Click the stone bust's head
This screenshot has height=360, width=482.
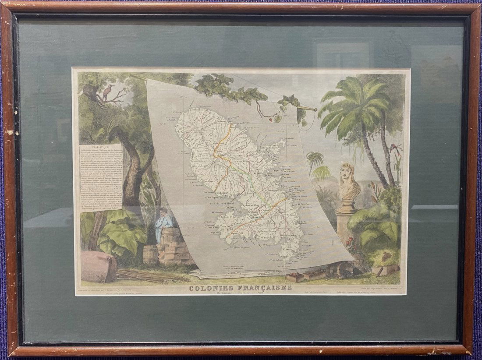click(x=348, y=174)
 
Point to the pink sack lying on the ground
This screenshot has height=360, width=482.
click(x=99, y=267)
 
